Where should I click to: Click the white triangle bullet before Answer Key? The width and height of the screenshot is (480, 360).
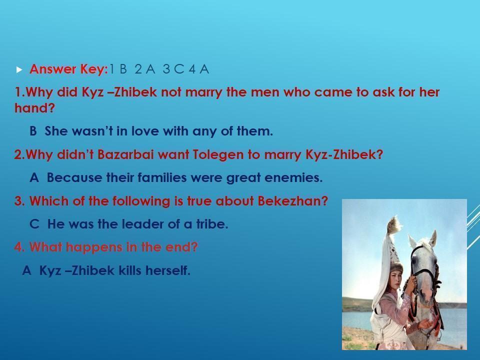tap(19, 70)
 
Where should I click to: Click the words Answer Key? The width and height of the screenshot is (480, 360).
tap(69, 69)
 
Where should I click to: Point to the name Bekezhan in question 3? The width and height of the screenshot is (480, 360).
tap(292, 201)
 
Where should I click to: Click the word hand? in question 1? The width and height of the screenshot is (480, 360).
tap(34, 108)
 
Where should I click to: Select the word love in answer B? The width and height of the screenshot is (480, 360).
tap(145, 131)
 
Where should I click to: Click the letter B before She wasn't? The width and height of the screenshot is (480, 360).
tap(33, 131)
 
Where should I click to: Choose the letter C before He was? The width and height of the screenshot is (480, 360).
tap(34, 224)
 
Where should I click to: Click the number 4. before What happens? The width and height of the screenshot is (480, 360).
tap(19, 247)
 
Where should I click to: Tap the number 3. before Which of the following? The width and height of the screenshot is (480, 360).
tap(19, 201)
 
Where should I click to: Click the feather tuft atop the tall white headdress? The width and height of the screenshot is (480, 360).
tap(394, 224)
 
